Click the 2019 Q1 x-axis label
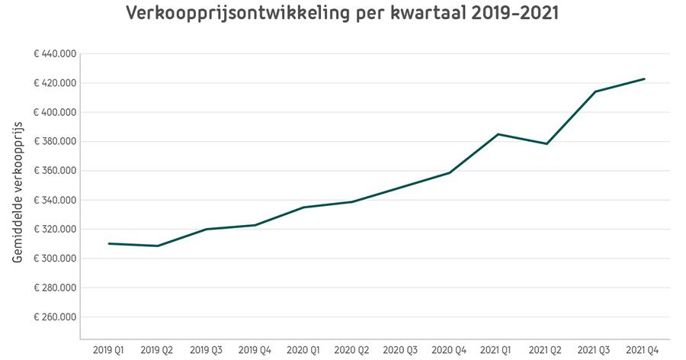(108, 350)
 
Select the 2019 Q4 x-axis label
(254, 350)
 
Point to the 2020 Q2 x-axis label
(351, 350)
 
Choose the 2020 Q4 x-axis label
(449, 350)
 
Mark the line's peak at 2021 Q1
(498, 134)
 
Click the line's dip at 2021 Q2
(547, 143)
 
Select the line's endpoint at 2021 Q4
(644, 79)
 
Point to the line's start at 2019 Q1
(109, 243)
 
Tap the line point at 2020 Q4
(449, 173)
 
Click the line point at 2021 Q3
(595, 92)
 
